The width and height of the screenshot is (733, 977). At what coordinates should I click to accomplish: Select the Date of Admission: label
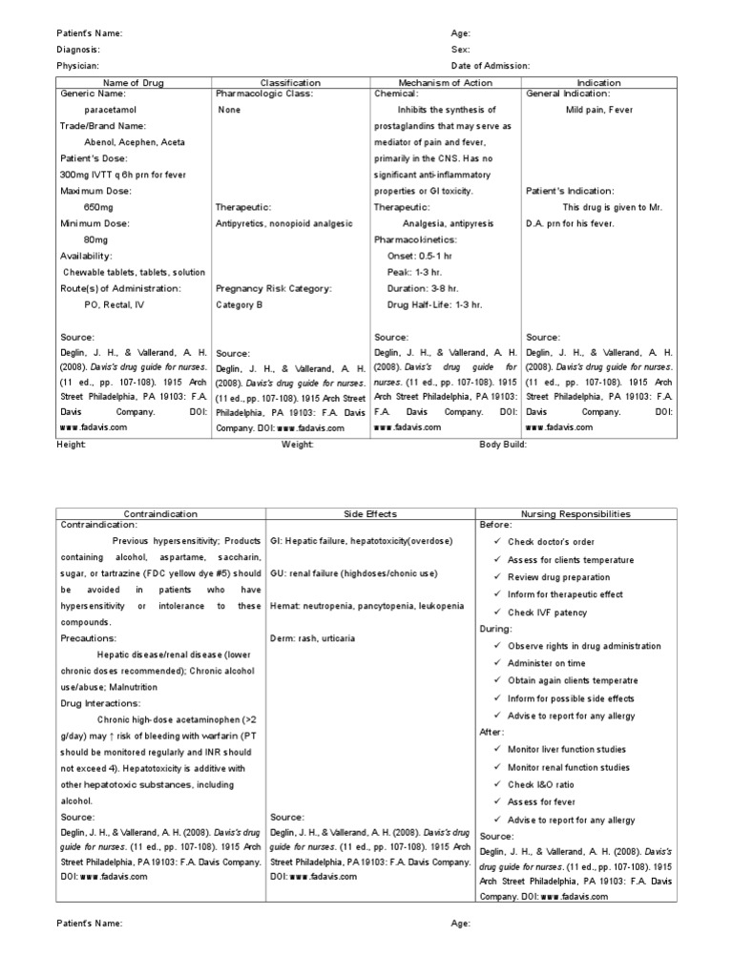click(491, 66)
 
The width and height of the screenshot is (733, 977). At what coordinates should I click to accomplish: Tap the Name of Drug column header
click(134, 83)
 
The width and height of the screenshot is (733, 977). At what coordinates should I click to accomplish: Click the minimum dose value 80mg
click(95, 239)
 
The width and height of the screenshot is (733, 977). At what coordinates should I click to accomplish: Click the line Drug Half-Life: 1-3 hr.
click(434, 304)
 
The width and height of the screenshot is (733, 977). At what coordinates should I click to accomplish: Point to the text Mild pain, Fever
click(599, 110)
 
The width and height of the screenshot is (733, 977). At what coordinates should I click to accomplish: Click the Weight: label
click(297, 445)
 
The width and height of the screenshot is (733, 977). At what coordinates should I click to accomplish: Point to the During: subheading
click(496, 629)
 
